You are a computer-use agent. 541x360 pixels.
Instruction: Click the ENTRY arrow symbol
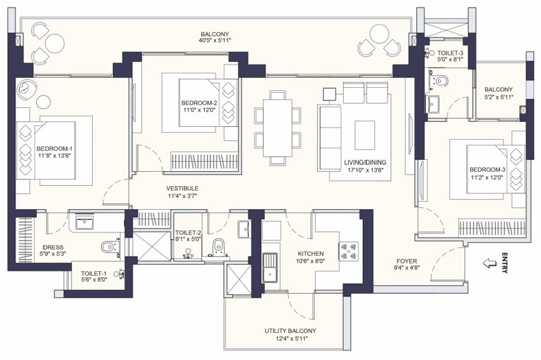coord(489,263)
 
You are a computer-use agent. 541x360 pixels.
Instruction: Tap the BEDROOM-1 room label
coord(53,148)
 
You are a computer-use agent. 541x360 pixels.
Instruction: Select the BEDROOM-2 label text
coord(198,103)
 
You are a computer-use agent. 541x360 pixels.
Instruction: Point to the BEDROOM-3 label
coord(487,169)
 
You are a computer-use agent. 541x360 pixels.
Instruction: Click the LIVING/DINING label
coord(365,162)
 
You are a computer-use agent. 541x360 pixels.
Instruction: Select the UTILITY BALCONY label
coord(290,330)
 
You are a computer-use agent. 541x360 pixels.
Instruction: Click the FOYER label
coord(406,260)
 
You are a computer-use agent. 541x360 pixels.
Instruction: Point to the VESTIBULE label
coord(183,188)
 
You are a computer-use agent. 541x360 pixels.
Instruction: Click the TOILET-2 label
coord(188,232)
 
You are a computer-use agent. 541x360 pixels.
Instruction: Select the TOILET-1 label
coord(94,274)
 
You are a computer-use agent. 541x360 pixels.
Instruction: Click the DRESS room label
coord(52,247)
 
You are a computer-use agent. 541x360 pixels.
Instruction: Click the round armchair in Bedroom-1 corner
coord(27,89)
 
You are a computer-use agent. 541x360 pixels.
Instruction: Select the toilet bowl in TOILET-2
coord(219,245)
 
